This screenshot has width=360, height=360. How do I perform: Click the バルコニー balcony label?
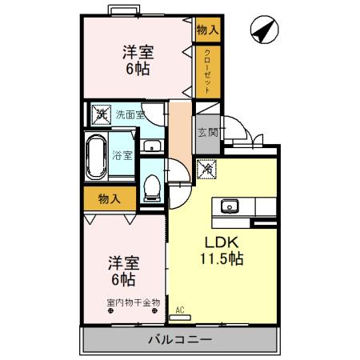point(180,340)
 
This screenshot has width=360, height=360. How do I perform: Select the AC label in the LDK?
point(180,309)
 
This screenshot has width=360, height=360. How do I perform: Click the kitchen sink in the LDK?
point(230,206)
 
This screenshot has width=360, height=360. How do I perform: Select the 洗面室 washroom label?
point(128,114)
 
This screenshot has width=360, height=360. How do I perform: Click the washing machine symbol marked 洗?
point(101,114)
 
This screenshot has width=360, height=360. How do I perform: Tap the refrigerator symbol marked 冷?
point(206,170)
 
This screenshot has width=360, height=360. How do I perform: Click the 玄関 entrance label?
point(206,132)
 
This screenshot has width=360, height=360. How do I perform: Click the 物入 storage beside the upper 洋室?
point(206,29)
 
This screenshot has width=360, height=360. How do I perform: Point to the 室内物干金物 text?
point(133,302)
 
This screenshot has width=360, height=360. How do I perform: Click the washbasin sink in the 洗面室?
point(152,146)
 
